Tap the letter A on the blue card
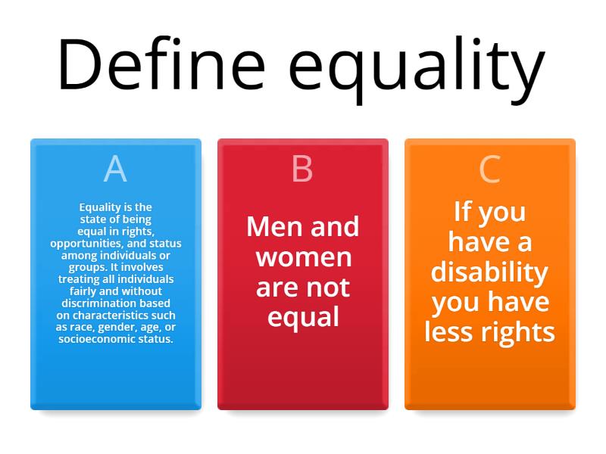click(115, 169)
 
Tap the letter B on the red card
click(302, 169)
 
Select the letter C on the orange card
click(490, 169)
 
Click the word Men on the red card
click(272, 226)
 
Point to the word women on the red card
click(303, 257)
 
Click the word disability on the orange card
click(490, 272)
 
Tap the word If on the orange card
click(464, 211)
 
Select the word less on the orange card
click(451, 332)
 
